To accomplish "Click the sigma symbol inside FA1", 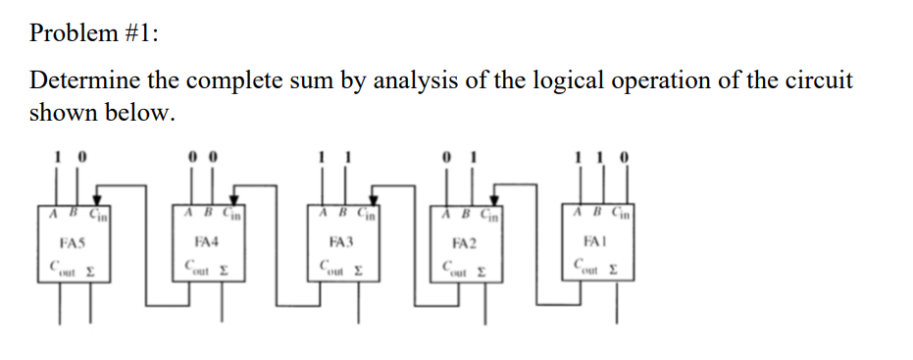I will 613,267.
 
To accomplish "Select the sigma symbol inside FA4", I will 223,267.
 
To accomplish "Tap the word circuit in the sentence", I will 818,80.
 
